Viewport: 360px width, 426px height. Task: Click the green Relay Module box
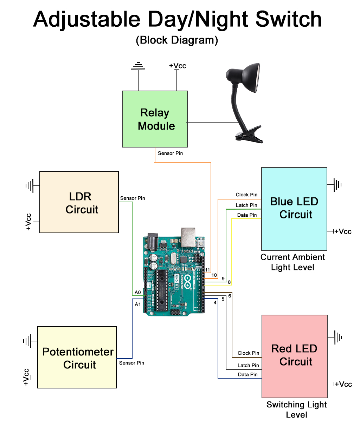tap(155, 119)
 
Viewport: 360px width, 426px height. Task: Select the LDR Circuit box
tap(79, 202)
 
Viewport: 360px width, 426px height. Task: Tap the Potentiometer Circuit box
tap(77, 358)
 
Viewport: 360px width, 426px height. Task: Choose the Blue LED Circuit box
tap(294, 209)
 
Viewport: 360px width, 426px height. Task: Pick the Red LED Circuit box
tap(295, 356)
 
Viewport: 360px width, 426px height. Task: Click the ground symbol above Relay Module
tap(138, 66)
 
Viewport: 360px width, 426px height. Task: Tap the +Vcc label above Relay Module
tap(178, 66)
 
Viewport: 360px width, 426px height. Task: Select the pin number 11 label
tap(207, 270)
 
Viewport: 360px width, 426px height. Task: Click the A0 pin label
tap(138, 292)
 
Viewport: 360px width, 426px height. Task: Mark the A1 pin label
tap(138, 304)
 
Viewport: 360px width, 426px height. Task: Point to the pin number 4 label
tap(215, 302)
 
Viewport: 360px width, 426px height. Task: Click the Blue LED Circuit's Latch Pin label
tap(246, 205)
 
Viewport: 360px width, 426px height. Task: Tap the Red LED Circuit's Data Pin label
tap(247, 374)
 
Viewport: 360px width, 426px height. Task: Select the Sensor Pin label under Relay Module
tap(170, 153)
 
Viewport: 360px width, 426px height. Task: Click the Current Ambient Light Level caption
tap(292, 262)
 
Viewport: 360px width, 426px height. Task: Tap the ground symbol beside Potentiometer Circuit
tap(27, 341)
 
